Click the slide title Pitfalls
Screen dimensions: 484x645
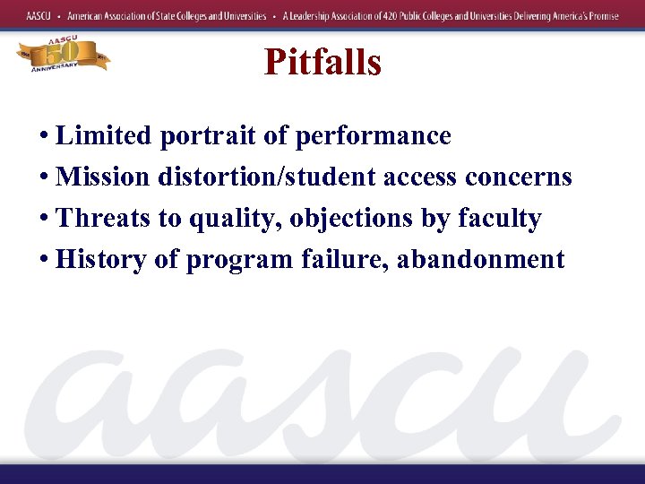pos(322,63)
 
